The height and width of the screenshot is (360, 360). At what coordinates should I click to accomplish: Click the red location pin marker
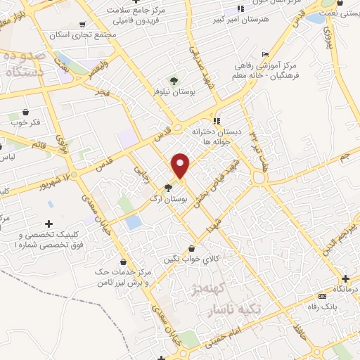coord(181,166)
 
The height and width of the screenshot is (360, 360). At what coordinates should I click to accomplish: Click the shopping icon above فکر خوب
coord(26,111)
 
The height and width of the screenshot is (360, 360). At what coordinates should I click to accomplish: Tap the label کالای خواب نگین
coord(192,259)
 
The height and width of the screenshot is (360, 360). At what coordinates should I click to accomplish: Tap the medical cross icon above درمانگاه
coord(345,278)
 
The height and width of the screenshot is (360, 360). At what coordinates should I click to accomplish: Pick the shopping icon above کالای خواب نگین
coord(192,247)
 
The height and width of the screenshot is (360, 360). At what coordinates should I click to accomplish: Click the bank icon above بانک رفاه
coord(321,296)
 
